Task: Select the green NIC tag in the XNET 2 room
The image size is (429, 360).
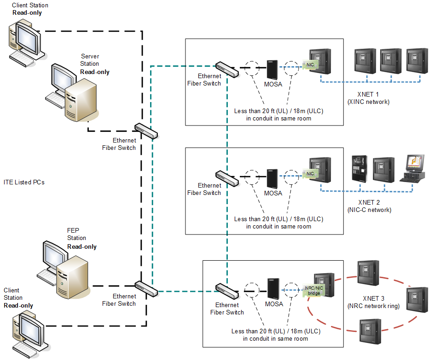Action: pyautogui.click(x=310, y=174)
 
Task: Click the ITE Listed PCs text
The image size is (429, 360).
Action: pyautogui.click(x=24, y=183)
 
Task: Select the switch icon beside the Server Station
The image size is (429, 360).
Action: pyautogui.click(x=146, y=131)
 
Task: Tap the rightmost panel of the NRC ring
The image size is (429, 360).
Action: pyautogui.click(x=417, y=299)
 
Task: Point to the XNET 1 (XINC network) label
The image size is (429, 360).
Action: pyautogui.click(x=368, y=98)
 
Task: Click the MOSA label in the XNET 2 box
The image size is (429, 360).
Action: pyautogui.click(x=273, y=193)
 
